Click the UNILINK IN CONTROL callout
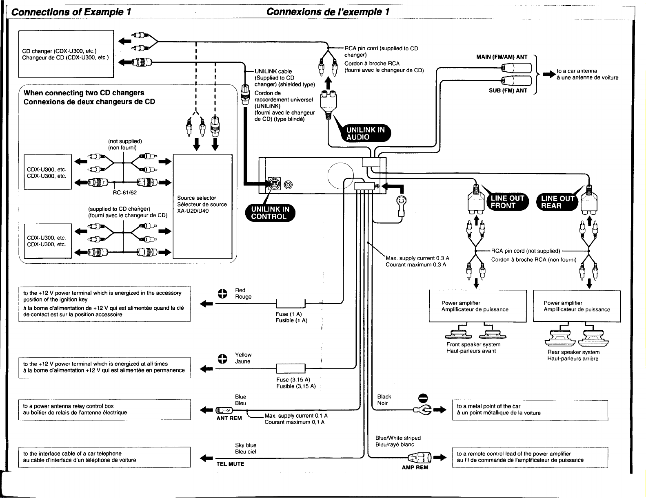coord(270,213)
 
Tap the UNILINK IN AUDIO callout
coord(366,133)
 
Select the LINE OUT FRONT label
coord(508,202)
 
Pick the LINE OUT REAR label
coord(557,202)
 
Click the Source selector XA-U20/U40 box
coord(202,207)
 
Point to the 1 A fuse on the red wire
coord(291,303)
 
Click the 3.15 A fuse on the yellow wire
coord(291,368)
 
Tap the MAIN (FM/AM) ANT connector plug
coord(516,68)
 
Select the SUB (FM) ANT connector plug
coord(516,81)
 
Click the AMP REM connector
coord(420,458)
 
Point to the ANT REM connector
coord(224,410)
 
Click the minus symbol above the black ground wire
coord(423,398)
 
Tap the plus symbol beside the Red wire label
coord(222,294)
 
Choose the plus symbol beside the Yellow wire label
coord(222,359)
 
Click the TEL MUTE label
coord(230,464)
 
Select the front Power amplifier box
coord(477,306)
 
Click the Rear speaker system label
coord(573,352)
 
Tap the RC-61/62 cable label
coord(125,193)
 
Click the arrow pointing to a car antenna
coord(549,74)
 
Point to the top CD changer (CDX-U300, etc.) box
coord(66,54)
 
